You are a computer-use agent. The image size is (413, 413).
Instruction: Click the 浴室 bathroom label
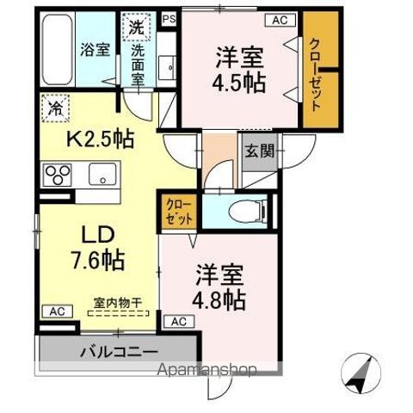94,49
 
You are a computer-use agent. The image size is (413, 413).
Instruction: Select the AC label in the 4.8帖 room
180,321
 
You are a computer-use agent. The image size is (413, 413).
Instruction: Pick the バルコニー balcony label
119,351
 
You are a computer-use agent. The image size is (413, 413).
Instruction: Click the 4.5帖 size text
239,83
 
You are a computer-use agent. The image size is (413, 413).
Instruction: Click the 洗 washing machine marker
137,27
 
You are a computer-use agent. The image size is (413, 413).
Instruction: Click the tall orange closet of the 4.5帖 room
317,76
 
